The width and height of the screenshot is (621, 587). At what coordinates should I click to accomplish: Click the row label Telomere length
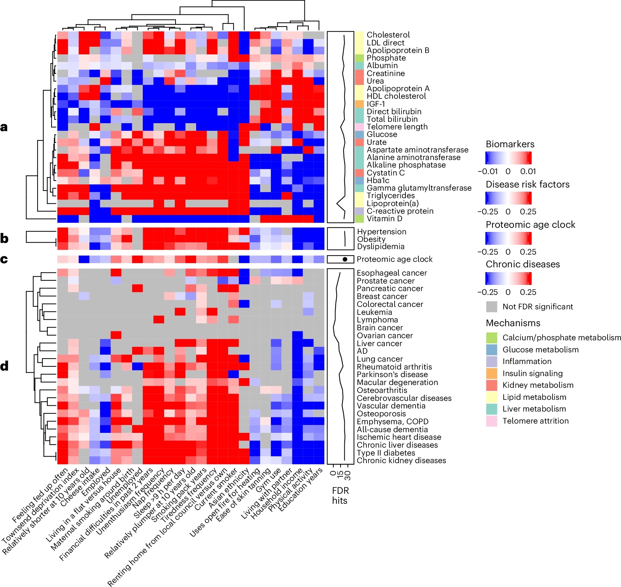click(x=397, y=127)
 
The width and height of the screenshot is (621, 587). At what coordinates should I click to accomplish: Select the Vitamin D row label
click(x=384, y=218)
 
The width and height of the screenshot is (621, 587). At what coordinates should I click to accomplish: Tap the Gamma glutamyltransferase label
click(x=419, y=188)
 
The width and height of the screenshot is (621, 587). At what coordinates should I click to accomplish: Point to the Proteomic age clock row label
click(x=394, y=259)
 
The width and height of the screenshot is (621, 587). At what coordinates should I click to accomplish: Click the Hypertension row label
click(x=382, y=232)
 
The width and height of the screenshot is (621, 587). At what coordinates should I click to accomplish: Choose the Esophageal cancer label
click(x=392, y=273)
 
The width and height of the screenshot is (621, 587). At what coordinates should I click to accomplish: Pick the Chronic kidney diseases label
click(x=401, y=460)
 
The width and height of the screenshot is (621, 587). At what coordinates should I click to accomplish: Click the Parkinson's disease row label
click(x=392, y=374)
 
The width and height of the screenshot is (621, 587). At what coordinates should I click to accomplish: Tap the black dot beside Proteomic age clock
click(x=345, y=259)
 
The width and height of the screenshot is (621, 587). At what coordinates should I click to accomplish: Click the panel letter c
click(x=4, y=259)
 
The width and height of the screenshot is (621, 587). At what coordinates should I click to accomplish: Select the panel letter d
click(x=4, y=366)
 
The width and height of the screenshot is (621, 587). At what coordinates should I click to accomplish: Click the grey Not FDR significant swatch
click(x=492, y=307)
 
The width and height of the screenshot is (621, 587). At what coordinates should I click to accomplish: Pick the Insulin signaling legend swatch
click(x=492, y=373)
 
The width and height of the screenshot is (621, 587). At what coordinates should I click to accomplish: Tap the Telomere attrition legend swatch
click(x=492, y=421)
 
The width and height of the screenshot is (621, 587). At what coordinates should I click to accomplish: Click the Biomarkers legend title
click(x=510, y=144)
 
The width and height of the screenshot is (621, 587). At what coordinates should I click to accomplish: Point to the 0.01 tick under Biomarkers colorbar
click(x=528, y=171)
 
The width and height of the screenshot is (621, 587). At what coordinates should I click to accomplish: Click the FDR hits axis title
click(x=340, y=495)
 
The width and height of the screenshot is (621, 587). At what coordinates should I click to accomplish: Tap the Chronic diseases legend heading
click(x=523, y=264)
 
